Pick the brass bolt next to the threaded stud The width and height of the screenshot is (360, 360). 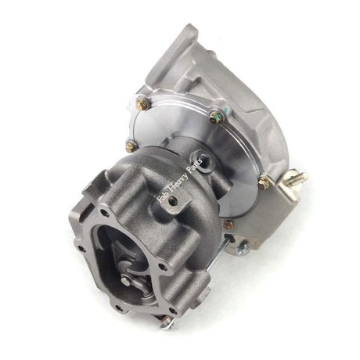click(265, 182)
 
